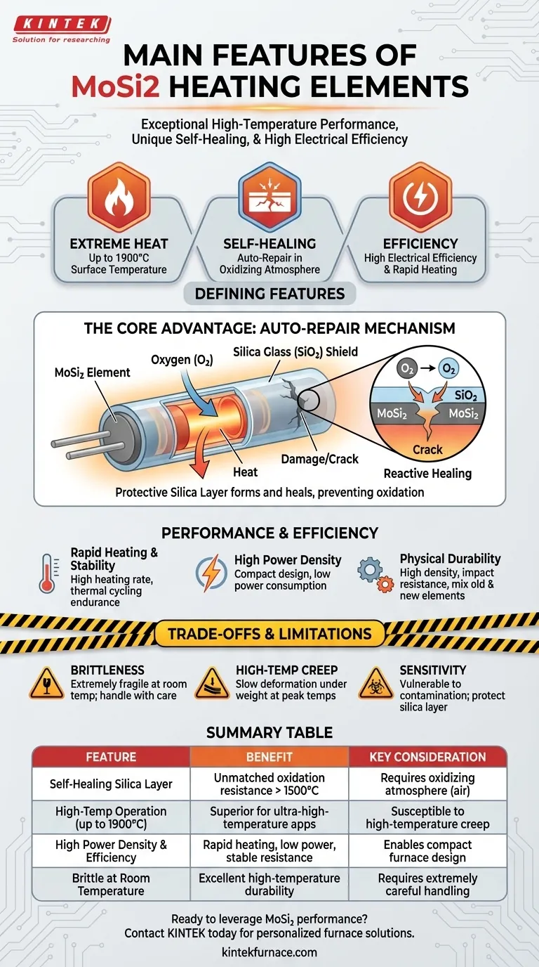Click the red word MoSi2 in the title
116,86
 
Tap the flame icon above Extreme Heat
119,197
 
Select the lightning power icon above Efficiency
420,197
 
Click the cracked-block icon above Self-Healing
269,197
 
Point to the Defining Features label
269,294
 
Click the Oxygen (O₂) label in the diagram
182,360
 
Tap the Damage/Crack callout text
319,459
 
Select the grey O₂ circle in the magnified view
406,368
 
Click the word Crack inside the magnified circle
427,450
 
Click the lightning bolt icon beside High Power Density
211,573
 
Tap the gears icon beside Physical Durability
375,573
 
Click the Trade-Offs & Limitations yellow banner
269,634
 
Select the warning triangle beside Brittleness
47,684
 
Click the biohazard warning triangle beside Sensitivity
375,684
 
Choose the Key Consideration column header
427,757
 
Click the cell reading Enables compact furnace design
427,851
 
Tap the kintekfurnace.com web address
269,952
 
